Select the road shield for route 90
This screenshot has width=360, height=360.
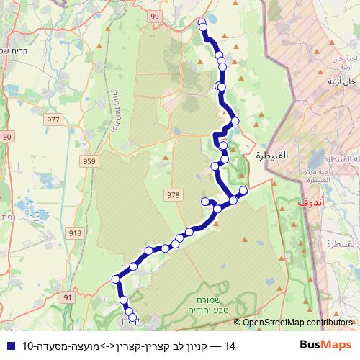click(x=7, y=137)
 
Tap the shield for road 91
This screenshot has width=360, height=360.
click(x=68, y=297)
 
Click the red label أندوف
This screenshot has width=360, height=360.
click(x=307, y=204)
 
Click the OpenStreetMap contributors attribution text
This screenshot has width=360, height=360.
click(x=298, y=323)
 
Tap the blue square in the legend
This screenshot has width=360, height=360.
click(x=9, y=346)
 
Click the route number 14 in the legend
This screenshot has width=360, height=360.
click(x=230, y=346)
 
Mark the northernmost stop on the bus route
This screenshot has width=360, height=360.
click(x=202, y=22)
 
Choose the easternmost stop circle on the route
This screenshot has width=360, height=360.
click(x=243, y=190)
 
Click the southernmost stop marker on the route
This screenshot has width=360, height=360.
click(x=132, y=317)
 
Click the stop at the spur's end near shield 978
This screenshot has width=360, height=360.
click(x=205, y=201)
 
